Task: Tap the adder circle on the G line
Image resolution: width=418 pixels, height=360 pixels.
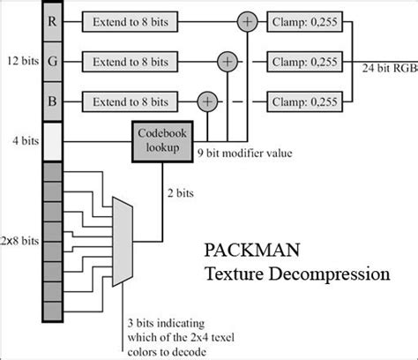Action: pos(228,61)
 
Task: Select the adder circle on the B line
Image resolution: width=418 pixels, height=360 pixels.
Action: pos(207,101)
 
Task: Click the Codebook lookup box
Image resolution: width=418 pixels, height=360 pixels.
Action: pos(161,139)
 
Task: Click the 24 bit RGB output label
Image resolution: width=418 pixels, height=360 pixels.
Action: pos(390,67)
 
